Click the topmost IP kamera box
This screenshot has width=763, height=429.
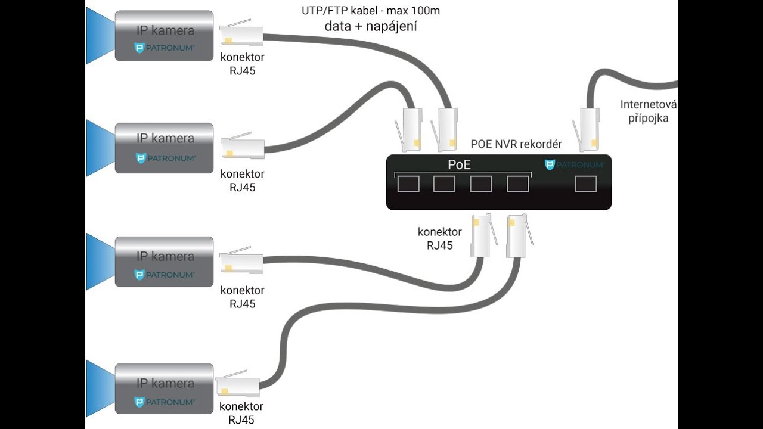164,36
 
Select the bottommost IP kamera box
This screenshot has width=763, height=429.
164,388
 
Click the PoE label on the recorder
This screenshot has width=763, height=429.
460,165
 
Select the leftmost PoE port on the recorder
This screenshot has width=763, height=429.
408,184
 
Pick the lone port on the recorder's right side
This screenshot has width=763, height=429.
586,184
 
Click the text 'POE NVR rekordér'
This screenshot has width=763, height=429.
516,144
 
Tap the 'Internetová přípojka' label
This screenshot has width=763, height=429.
649,111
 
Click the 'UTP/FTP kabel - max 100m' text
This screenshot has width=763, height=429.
371,11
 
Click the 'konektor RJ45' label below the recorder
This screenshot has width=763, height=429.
439,238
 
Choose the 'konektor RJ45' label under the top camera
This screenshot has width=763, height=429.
242,64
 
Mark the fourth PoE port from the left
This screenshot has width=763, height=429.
518,184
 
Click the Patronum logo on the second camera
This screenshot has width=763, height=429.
165,158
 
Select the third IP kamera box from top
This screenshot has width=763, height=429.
164,262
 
